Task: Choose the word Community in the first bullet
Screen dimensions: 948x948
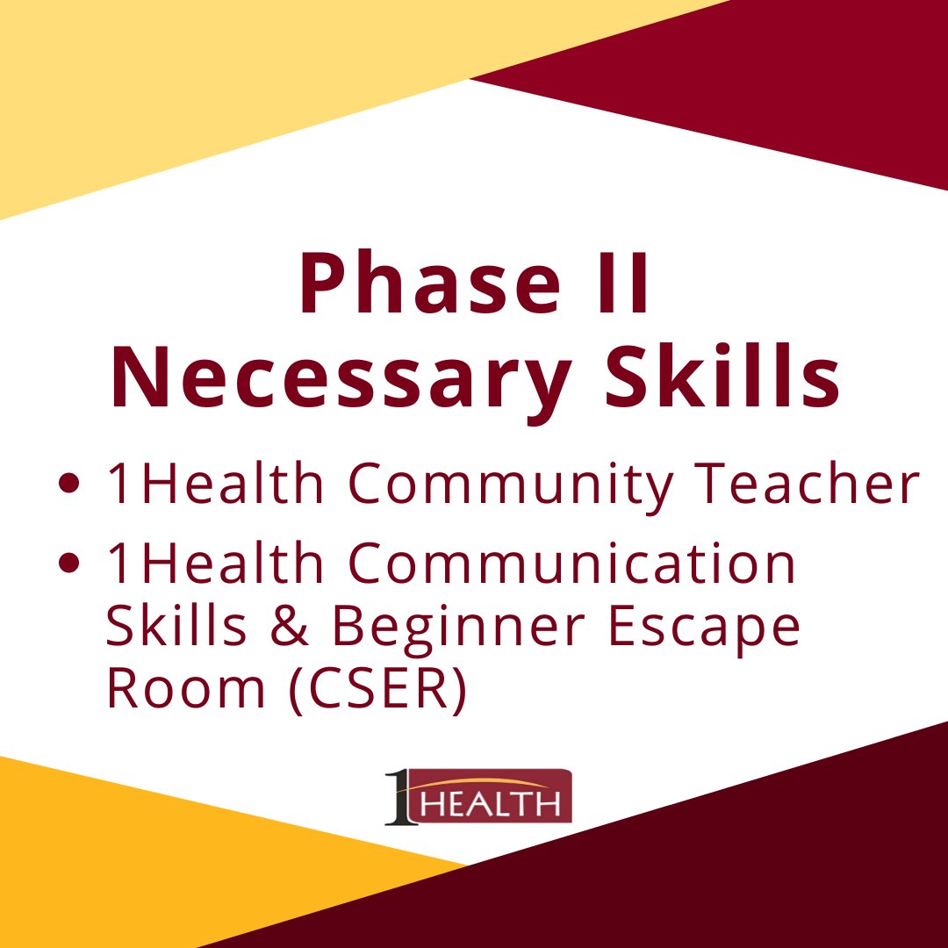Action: coord(494,485)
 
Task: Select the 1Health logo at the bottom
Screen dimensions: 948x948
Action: coord(478,797)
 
